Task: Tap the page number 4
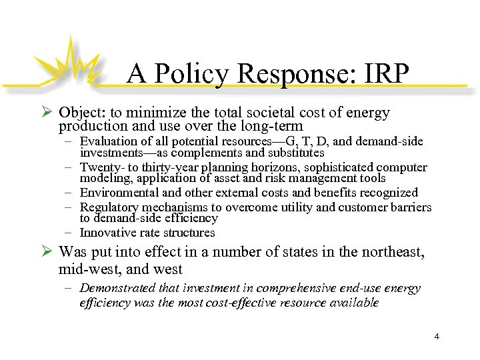pos(437,336)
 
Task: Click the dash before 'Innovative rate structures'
pos(69,233)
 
